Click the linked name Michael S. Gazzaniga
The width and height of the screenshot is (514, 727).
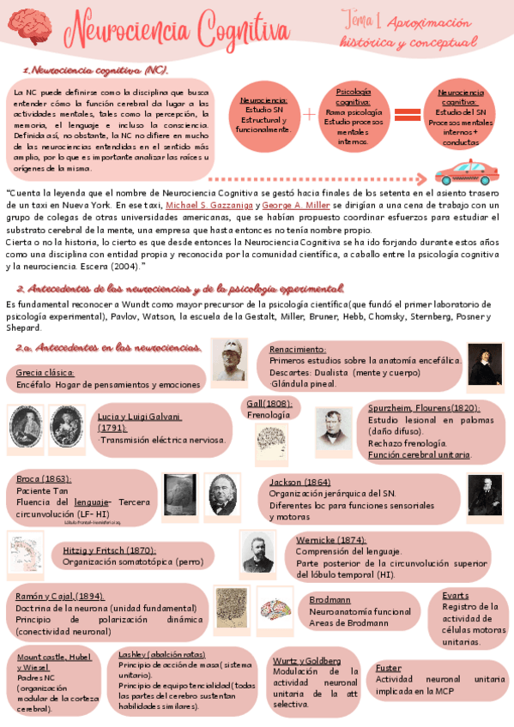click(x=209, y=207)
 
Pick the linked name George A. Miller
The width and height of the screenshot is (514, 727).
click(x=296, y=207)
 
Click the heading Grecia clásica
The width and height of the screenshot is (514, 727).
click(x=45, y=373)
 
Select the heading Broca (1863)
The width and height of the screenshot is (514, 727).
click(x=44, y=478)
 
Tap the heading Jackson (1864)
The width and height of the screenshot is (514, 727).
click(x=299, y=482)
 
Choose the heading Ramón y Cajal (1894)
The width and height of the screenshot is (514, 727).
click(x=60, y=596)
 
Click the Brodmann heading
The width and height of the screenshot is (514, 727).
click(x=330, y=599)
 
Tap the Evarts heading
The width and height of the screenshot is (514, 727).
click(x=456, y=594)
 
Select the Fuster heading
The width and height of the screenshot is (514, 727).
click(x=388, y=667)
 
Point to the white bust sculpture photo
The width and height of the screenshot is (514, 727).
click(x=229, y=359)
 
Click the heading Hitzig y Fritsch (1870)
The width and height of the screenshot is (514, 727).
click(x=108, y=550)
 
